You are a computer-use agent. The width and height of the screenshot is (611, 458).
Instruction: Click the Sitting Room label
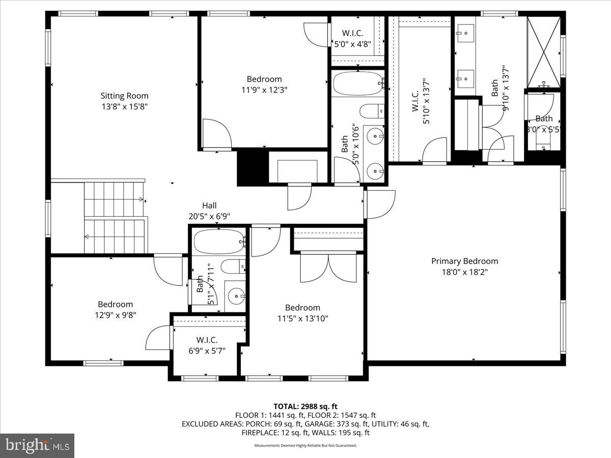124,96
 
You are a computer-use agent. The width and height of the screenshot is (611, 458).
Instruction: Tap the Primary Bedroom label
464,261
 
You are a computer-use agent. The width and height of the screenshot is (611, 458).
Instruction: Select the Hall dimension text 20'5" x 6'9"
209,216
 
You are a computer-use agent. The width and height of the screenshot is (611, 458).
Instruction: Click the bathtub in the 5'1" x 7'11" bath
218,241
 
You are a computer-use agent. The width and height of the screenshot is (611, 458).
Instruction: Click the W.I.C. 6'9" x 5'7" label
207,340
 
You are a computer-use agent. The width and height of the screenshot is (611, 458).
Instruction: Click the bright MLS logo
37,445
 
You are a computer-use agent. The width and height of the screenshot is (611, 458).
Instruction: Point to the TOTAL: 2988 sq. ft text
305,406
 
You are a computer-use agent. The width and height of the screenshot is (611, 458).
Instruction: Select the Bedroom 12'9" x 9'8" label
115,304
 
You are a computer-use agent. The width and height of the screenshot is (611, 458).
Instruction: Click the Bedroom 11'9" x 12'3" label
264,79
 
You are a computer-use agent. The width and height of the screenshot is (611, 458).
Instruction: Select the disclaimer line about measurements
305,445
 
